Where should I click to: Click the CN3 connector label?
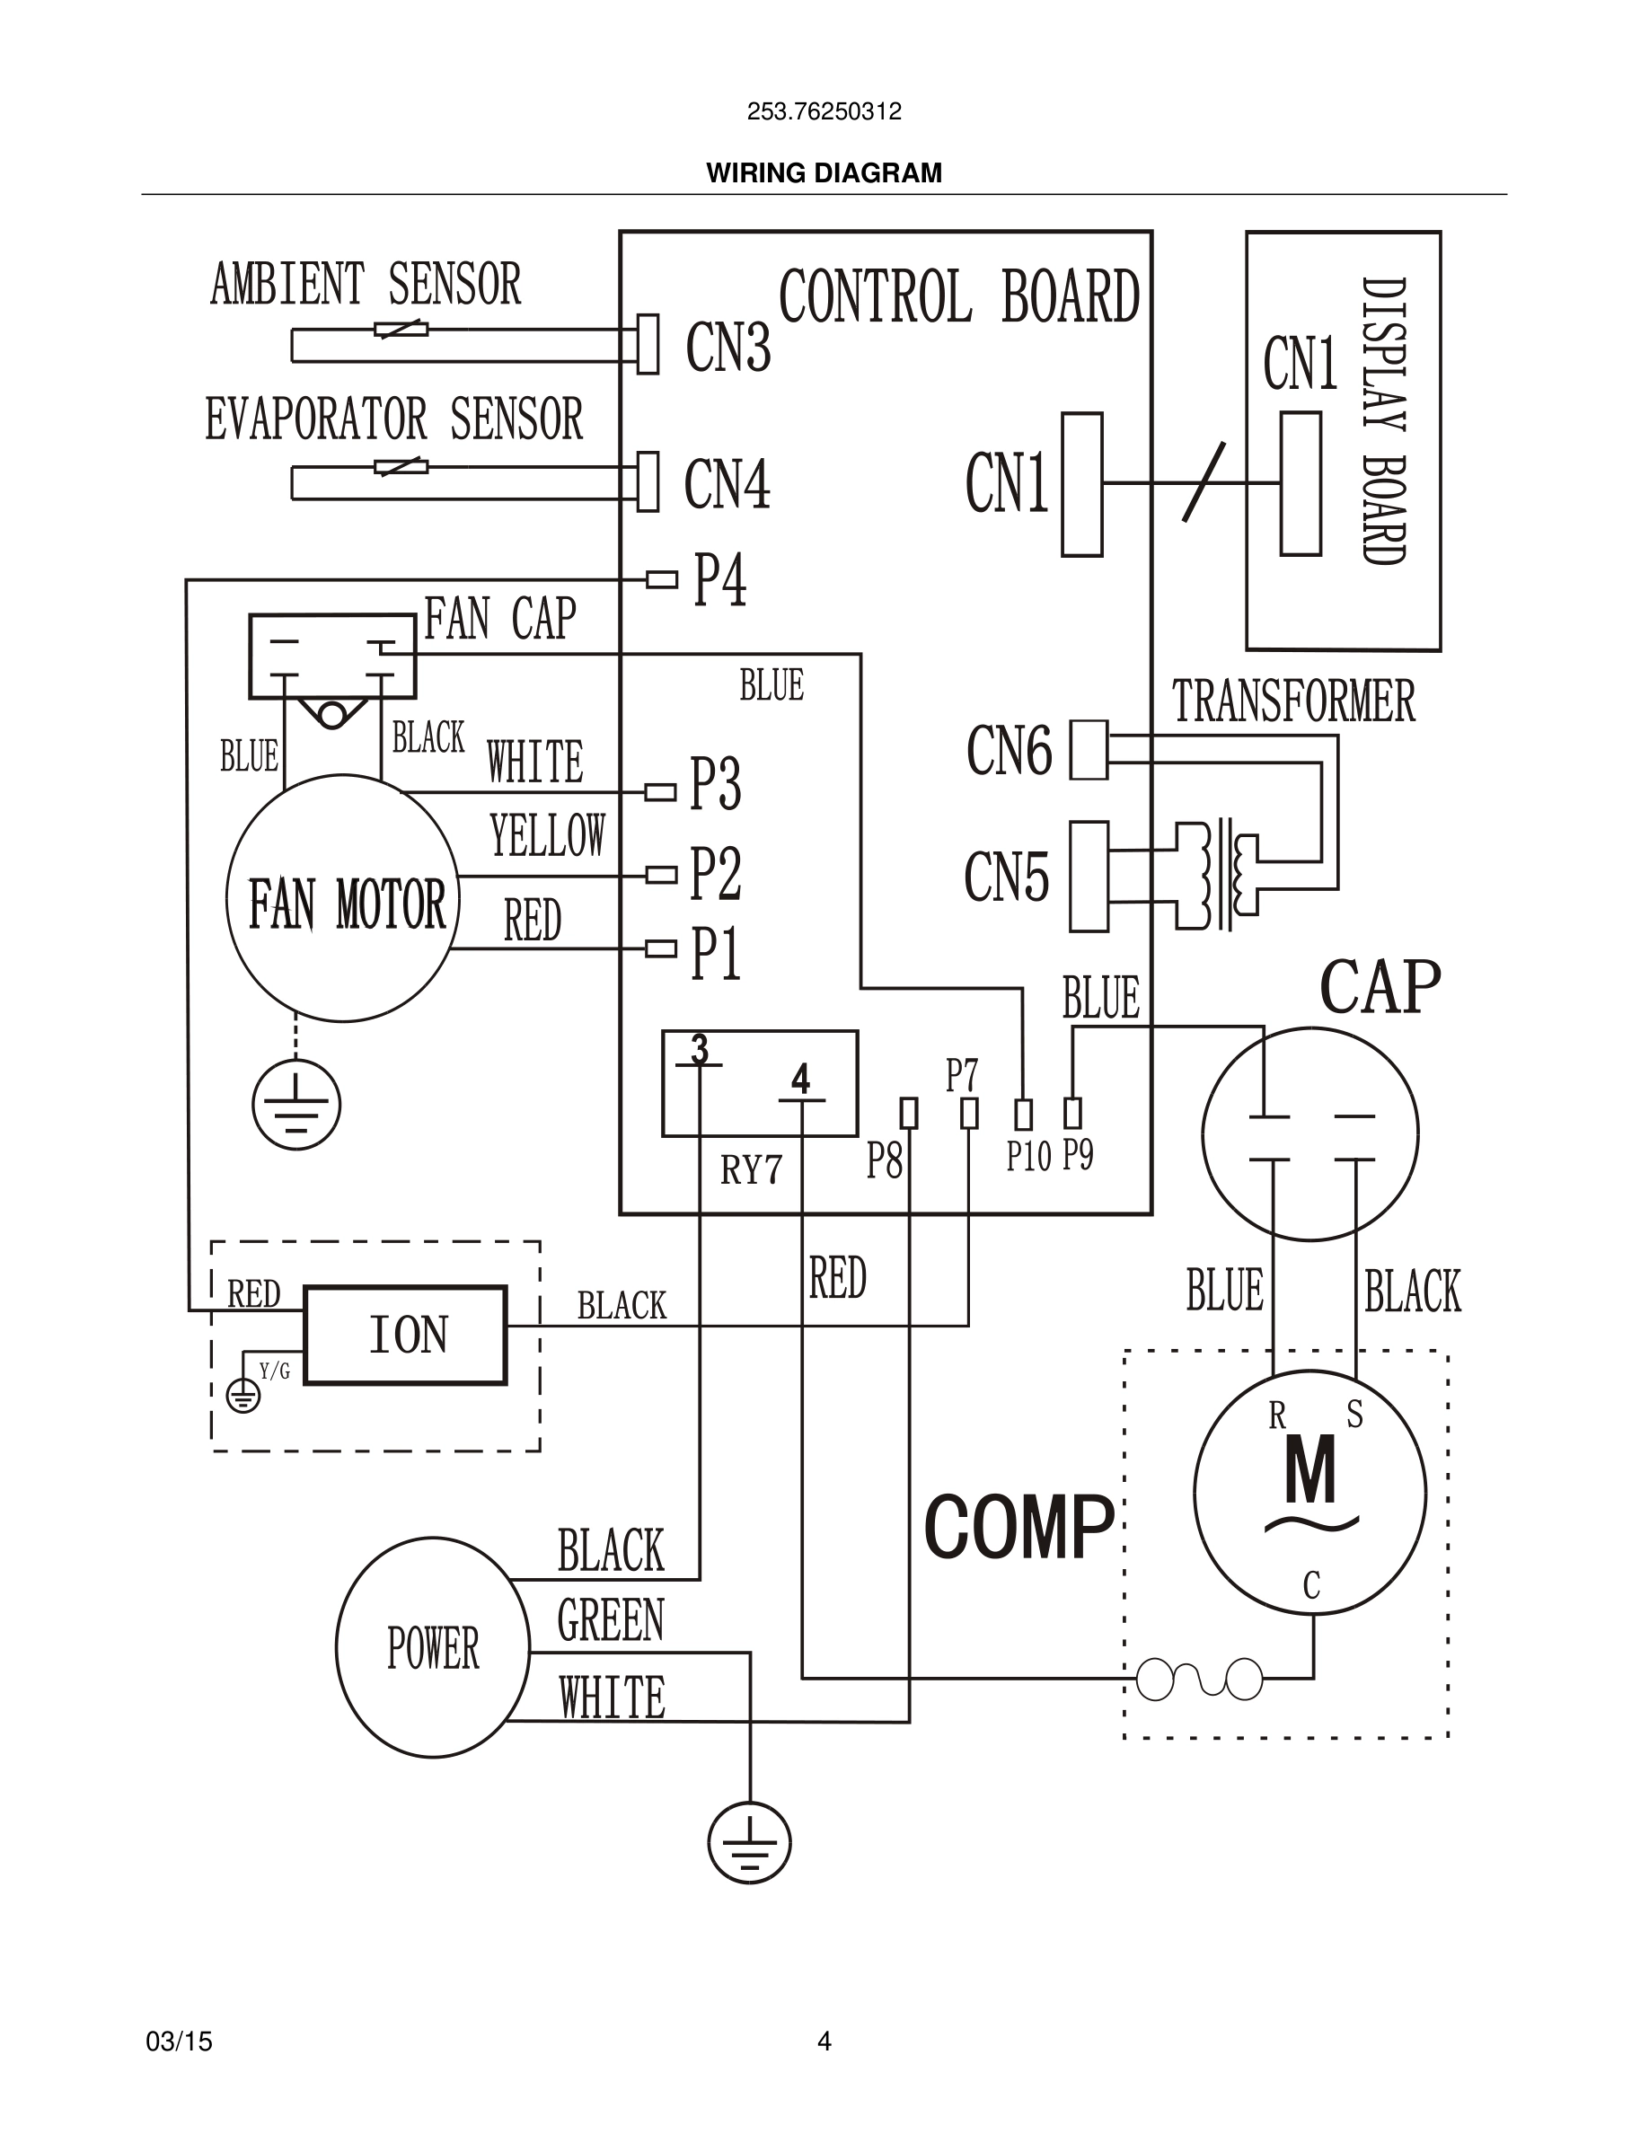click(x=727, y=347)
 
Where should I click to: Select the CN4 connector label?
click(x=727, y=484)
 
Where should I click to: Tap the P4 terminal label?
click(x=720, y=580)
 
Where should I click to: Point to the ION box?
click(x=405, y=1335)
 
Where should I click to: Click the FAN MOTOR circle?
click(x=343, y=899)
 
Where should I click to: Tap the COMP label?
click(x=1018, y=1528)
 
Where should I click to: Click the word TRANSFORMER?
click(x=1292, y=701)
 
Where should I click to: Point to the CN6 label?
click(x=1010, y=752)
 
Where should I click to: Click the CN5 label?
click(x=1006, y=877)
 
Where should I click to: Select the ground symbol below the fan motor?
click(x=296, y=1105)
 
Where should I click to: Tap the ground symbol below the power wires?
click(x=749, y=1843)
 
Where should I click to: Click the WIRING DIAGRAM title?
click(x=824, y=173)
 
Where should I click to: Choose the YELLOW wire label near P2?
click(x=547, y=836)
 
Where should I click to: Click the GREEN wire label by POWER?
click(x=611, y=1621)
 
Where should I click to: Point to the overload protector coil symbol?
click(x=1200, y=1680)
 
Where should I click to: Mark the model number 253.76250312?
click(x=824, y=111)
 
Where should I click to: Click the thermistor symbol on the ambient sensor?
click(x=401, y=331)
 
